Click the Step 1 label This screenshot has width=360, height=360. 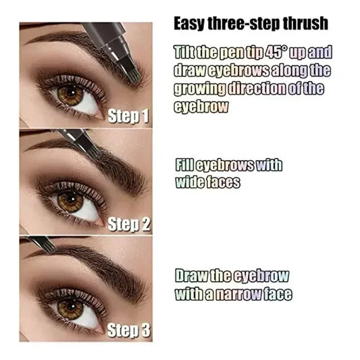click(x=128, y=116)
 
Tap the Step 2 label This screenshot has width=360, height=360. click(x=128, y=224)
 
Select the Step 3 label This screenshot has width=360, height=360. click(x=128, y=332)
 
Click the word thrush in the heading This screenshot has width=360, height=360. click(x=303, y=24)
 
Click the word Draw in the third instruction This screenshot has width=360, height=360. click(x=190, y=276)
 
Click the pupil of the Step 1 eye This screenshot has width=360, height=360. click(x=70, y=94)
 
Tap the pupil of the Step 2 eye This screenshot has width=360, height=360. click(x=69, y=201)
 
